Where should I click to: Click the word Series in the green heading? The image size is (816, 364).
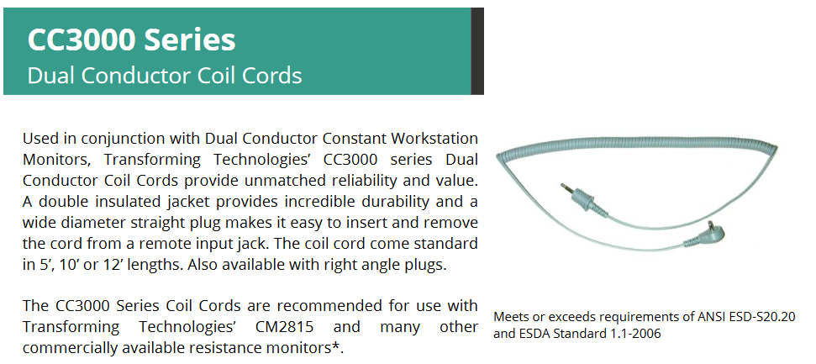point(189,40)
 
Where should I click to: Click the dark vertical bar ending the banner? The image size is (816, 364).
point(477,51)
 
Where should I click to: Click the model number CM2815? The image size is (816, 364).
point(285,327)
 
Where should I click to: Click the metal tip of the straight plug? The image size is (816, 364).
point(566,188)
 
